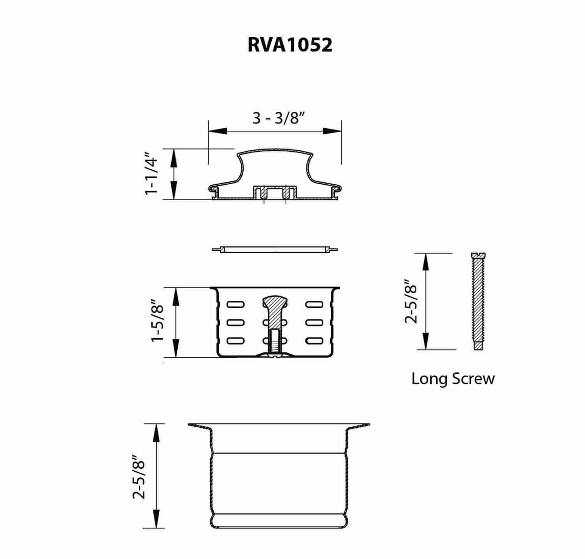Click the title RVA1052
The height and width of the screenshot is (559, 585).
point(290,45)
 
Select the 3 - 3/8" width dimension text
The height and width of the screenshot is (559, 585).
point(279,118)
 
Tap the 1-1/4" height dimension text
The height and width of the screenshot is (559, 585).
point(151,175)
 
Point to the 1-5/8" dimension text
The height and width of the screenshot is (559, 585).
point(158,323)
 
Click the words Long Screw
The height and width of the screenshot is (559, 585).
point(452,379)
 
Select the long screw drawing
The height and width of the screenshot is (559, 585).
point(477,301)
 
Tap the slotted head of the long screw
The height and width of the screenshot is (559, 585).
point(477,256)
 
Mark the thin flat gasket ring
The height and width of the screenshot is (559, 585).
point(275,249)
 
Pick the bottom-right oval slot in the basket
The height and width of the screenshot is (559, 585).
point(314,341)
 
